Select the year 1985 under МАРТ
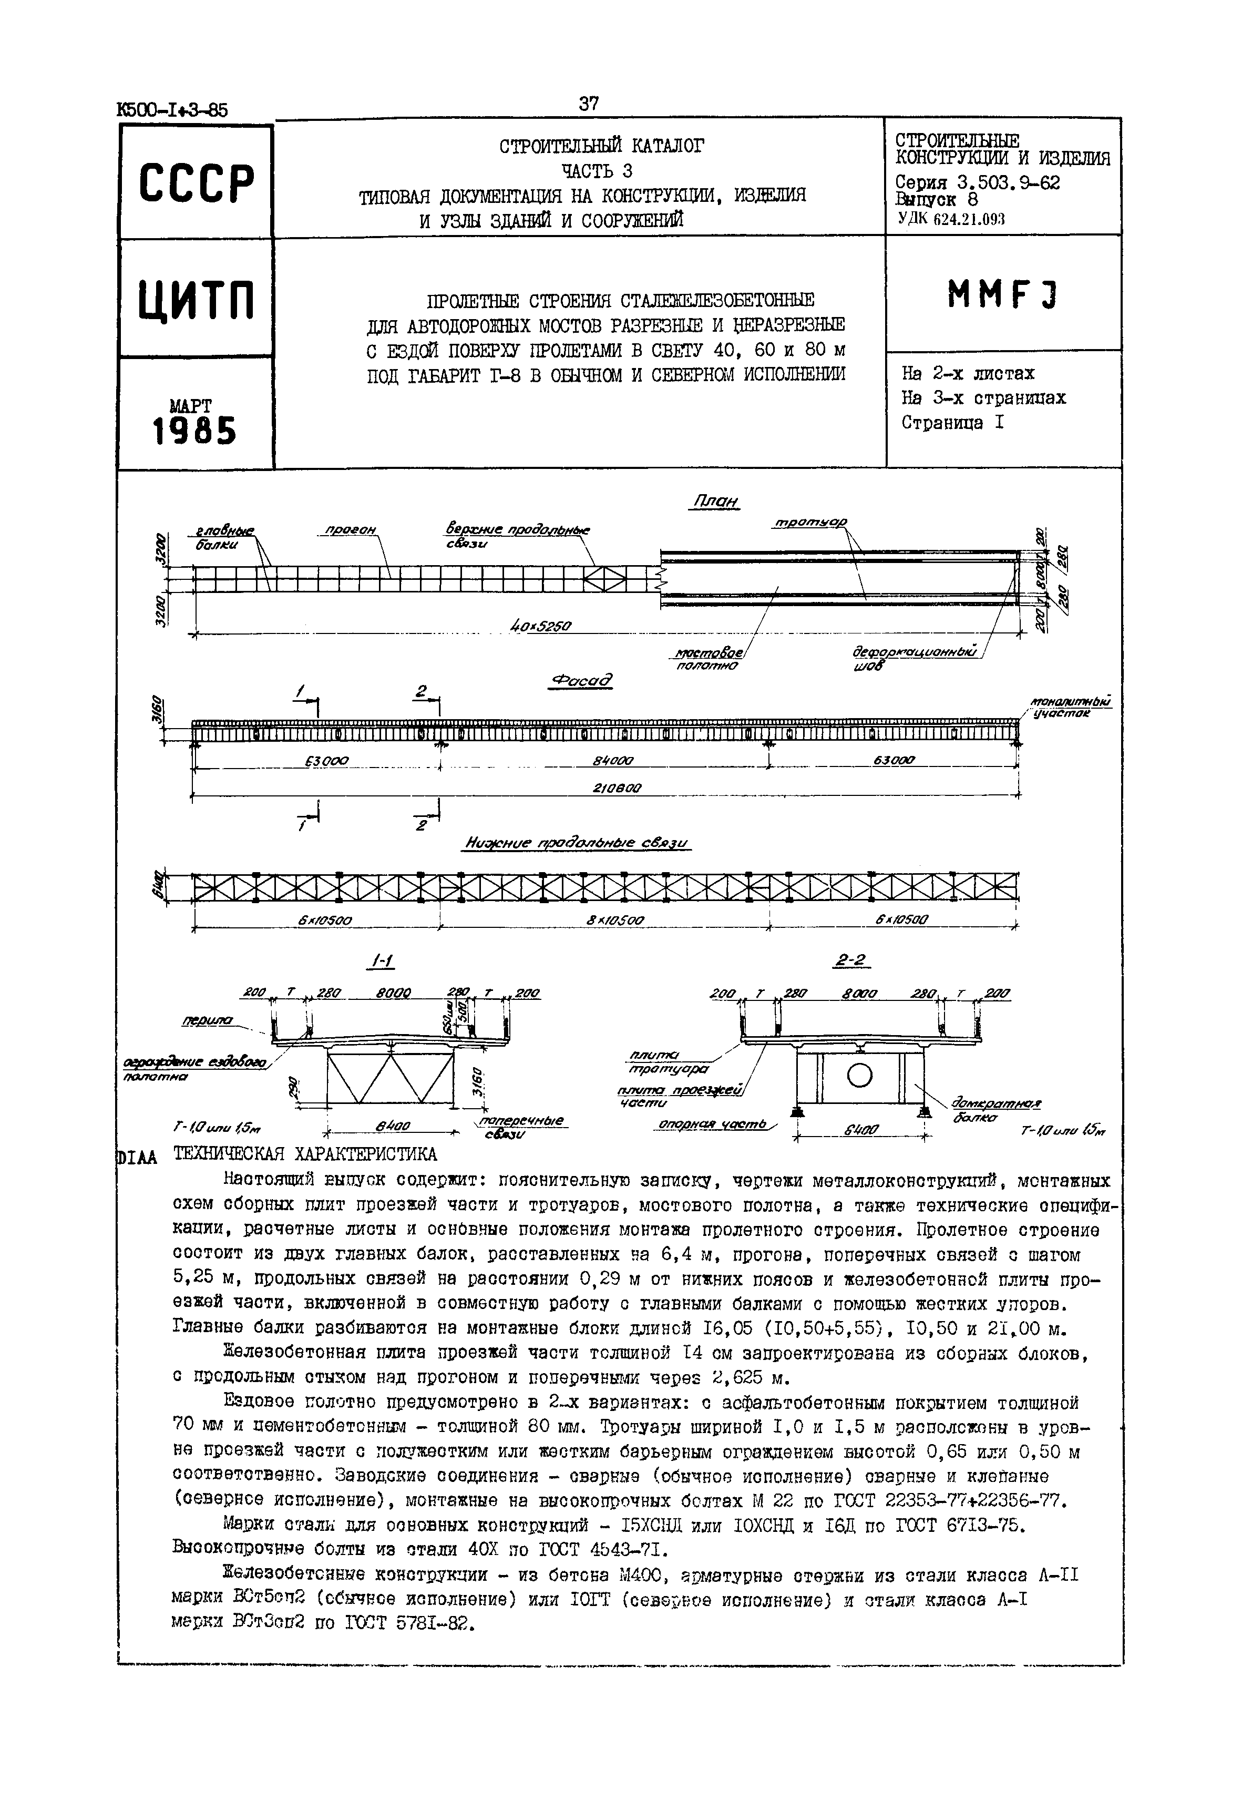click(x=194, y=431)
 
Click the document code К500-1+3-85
click(x=173, y=110)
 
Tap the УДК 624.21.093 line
click(x=951, y=219)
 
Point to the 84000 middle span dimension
click(x=612, y=760)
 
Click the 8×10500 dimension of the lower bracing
click(x=615, y=920)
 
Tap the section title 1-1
click(x=381, y=963)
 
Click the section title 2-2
click(x=850, y=962)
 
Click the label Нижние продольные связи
click(x=578, y=844)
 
